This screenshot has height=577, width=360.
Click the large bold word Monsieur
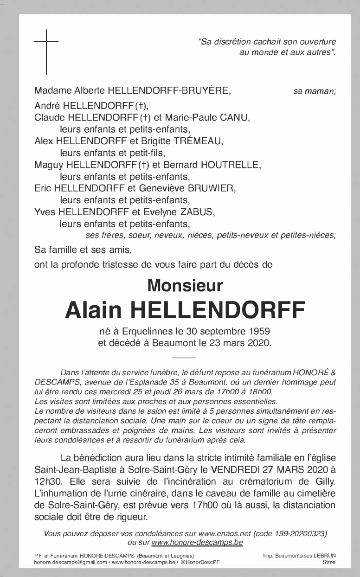point(185,285)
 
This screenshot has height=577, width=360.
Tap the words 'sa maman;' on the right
point(315,91)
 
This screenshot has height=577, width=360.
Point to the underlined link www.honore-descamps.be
point(197,542)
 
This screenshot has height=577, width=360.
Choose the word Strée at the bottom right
point(329,562)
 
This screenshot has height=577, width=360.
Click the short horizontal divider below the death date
point(184,358)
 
